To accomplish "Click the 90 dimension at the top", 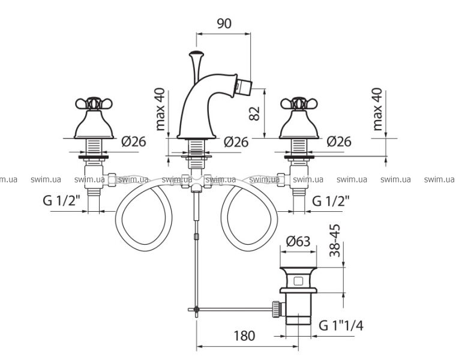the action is [x=224, y=23].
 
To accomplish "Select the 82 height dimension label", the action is [x=254, y=113].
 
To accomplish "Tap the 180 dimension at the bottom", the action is [x=244, y=335].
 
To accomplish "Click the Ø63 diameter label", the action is [x=298, y=241].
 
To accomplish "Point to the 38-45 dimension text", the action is [x=335, y=241].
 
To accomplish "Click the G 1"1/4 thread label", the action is [x=341, y=325].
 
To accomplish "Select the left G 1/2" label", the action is [x=61, y=200].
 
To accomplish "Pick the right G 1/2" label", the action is [x=331, y=200].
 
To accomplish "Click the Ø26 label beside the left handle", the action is [x=133, y=142].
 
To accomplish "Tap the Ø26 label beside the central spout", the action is [x=236, y=142].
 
